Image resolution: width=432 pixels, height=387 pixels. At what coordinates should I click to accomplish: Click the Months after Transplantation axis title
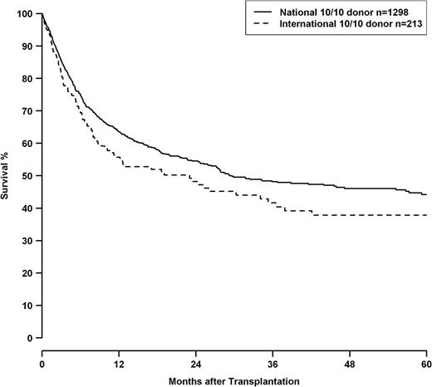click(234, 381)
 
